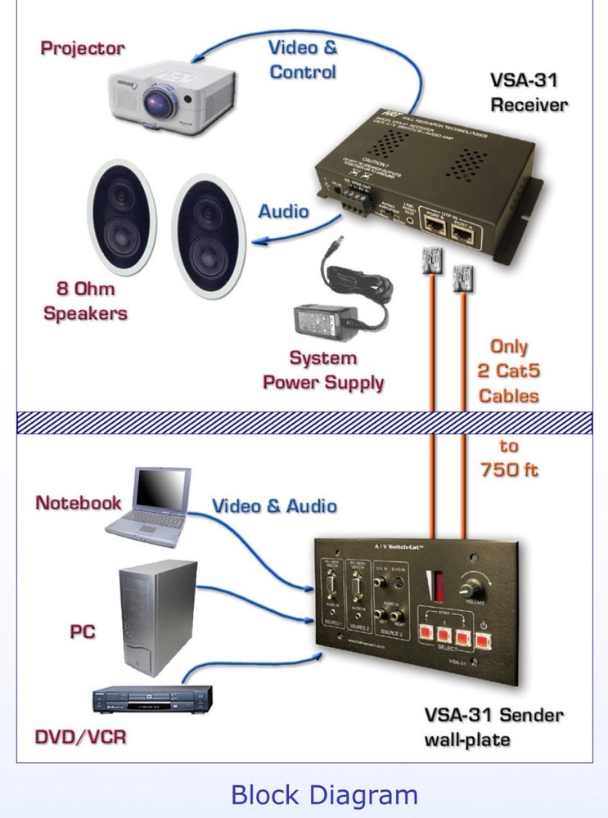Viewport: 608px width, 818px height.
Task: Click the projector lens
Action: [x=156, y=102]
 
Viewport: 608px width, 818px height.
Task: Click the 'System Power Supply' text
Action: [x=324, y=370]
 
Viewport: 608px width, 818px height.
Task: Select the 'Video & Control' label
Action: [x=303, y=59]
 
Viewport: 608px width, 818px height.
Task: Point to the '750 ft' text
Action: [x=508, y=471]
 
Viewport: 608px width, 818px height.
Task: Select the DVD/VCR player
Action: [x=152, y=700]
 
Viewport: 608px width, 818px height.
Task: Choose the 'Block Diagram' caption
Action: [x=324, y=794]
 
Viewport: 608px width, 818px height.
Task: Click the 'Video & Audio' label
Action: [x=274, y=506]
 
